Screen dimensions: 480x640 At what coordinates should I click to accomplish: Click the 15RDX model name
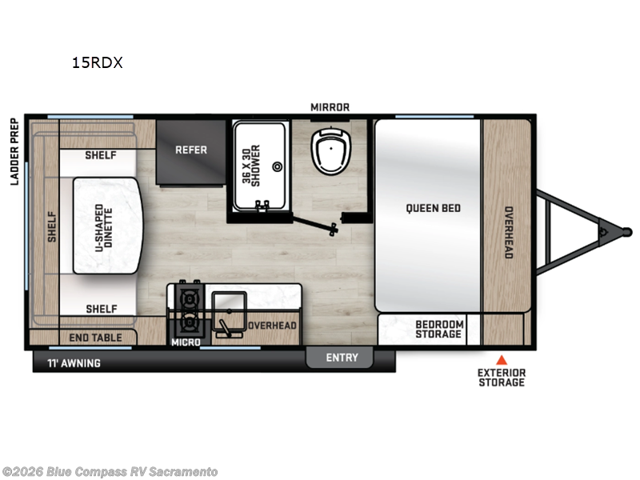click(98, 63)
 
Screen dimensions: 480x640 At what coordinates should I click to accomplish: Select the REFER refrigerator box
click(191, 150)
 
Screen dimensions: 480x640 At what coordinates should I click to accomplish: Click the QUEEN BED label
click(433, 208)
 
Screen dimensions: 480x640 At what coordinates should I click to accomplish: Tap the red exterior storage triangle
click(502, 359)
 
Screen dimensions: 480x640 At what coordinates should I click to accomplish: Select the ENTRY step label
click(342, 358)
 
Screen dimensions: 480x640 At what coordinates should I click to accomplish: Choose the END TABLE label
click(95, 338)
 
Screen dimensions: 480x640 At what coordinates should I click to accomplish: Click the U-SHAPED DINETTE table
click(107, 226)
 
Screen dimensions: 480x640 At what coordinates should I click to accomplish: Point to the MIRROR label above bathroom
click(330, 107)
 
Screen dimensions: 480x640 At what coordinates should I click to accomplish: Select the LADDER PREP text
click(14, 152)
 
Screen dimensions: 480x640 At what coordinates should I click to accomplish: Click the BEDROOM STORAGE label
click(438, 329)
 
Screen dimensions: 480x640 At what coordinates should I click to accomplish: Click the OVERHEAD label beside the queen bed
click(508, 232)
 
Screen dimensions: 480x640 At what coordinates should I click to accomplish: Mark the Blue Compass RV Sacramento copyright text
click(110, 472)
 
